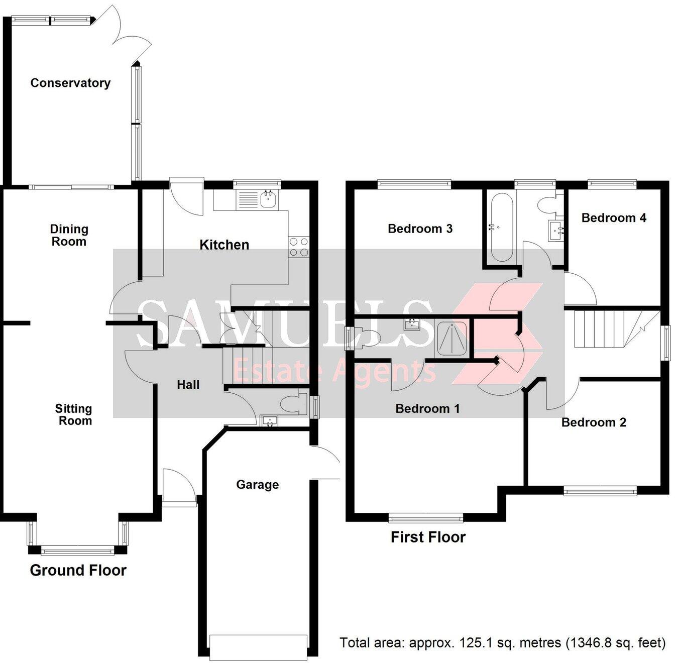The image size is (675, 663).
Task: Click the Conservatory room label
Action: (x=70, y=83)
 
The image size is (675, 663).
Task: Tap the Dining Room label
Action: (x=69, y=235)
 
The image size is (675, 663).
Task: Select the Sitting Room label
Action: (x=74, y=415)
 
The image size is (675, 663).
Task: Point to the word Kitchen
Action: (x=224, y=245)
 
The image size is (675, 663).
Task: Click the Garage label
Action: (x=257, y=485)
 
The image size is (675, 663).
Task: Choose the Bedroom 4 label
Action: (x=613, y=217)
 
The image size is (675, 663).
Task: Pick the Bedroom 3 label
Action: (x=420, y=229)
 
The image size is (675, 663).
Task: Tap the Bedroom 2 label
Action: (x=594, y=422)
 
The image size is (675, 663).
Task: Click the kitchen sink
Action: (x=268, y=199)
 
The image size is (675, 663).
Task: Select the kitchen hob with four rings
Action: (x=299, y=247)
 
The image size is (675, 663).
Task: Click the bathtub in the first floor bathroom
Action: (x=501, y=227)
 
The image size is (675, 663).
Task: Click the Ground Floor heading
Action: (x=78, y=570)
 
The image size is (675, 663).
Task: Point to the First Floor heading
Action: (x=428, y=537)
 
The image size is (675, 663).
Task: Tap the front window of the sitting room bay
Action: (x=78, y=551)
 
